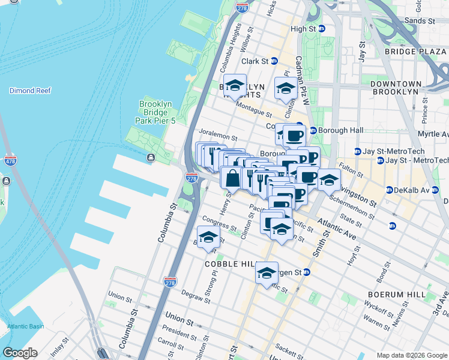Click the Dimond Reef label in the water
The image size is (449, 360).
(x=30, y=91)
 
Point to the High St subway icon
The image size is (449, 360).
(x=321, y=29)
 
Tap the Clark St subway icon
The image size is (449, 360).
(x=274, y=61)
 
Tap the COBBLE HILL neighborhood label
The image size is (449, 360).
(x=231, y=265)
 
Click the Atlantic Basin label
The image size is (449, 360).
(x=25, y=326)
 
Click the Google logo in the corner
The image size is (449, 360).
(x=20, y=353)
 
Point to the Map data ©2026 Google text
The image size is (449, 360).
(x=411, y=355)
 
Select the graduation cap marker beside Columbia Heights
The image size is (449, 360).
(x=235, y=85)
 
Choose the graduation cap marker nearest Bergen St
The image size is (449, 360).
(x=267, y=273)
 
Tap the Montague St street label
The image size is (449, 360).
(x=254, y=109)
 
